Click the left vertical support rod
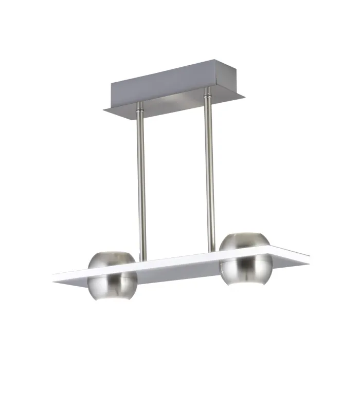click(141, 180)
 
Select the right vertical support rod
click(210, 170)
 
